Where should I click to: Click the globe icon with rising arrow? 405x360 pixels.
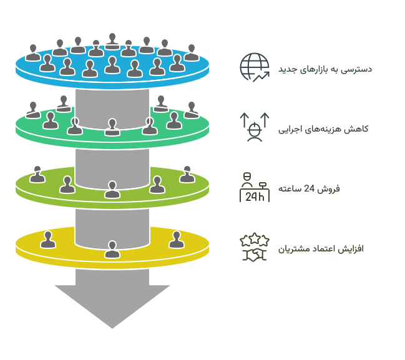255,67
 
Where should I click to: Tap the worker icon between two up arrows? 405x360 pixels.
255,127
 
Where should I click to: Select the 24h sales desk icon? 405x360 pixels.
255,188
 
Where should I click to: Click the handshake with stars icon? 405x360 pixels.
255,247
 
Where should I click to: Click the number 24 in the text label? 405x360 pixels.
309,189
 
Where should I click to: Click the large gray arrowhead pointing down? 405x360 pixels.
112,304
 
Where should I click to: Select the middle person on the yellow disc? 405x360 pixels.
112,250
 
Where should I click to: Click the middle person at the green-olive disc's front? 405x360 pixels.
112,190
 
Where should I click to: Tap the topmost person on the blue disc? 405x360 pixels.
112,41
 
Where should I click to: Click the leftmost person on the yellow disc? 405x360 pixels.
48,240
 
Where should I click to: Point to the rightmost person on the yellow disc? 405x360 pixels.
177,240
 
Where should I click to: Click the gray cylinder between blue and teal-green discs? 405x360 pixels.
112,109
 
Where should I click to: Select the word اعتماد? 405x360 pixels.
323,249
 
